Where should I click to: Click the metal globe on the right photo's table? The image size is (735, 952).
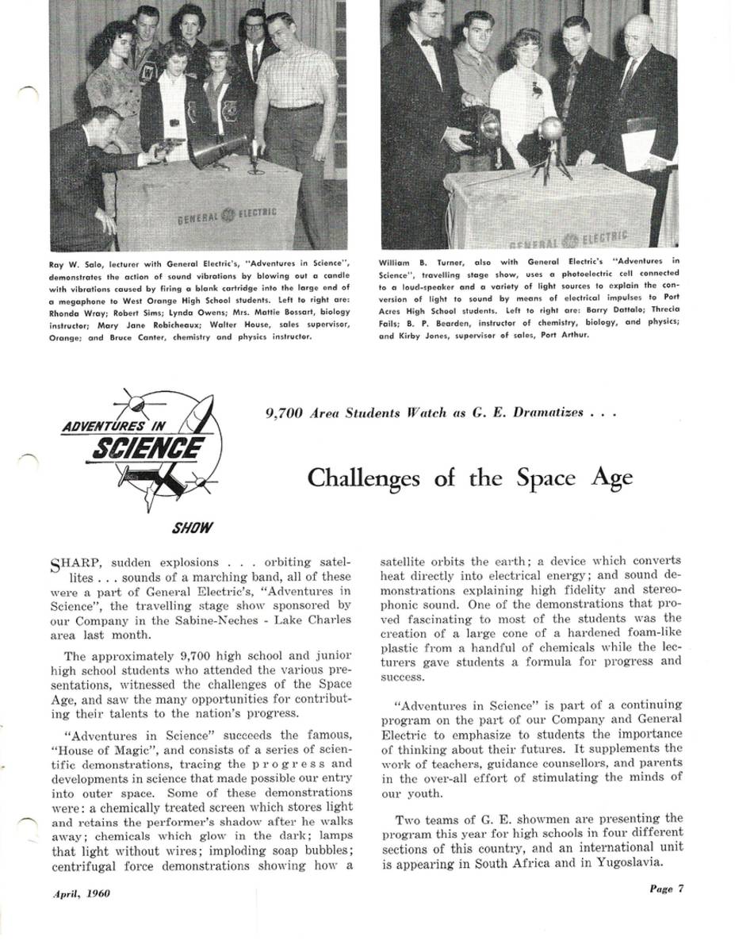pyautogui.click(x=549, y=129)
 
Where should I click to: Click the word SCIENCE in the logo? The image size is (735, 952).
pyautogui.click(x=146, y=450)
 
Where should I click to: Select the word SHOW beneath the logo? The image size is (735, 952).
pyautogui.click(x=193, y=528)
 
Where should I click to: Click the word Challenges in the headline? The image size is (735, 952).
pyautogui.click(x=366, y=478)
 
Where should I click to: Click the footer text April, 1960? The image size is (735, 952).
pyautogui.click(x=82, y=893)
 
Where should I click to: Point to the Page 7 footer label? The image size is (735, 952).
pyautogui.click(x=666, y=889)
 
